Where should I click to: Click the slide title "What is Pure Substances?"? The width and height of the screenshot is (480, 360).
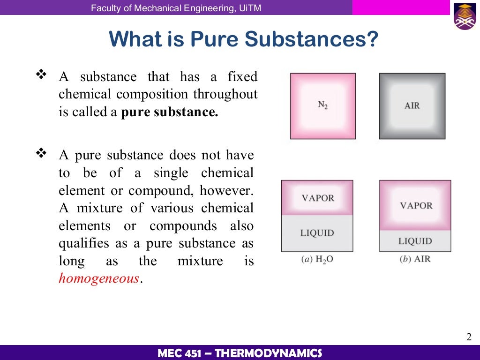(x=243, y=39)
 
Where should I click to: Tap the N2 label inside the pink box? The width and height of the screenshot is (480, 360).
(x=322, y=105)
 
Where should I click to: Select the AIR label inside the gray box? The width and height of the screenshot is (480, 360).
(x=412, y=105)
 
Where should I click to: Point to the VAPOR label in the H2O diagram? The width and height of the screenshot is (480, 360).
(x=317, y=198)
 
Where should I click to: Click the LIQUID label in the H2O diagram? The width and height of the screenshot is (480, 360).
(x=317, y=232)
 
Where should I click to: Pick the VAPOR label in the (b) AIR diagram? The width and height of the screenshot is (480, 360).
(x=416, y=205)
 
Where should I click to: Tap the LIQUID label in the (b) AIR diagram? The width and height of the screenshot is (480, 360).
(x=415, y=241)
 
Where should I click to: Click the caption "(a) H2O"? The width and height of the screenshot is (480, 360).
(x=317, y=259)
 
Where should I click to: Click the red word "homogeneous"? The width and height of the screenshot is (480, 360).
(x=99, y=278)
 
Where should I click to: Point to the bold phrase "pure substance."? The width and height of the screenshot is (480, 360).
(x=170, y=112)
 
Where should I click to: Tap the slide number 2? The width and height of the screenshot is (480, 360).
(x=468, y=337)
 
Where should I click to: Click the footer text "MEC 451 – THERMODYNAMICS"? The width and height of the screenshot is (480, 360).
(x=240, y=353)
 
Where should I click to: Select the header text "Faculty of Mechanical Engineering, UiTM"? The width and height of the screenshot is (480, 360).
(x=176, y=8)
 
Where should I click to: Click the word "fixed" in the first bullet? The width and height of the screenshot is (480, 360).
(x=242, y=77)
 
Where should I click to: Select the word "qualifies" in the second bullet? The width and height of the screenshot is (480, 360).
(x=82, y=243)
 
